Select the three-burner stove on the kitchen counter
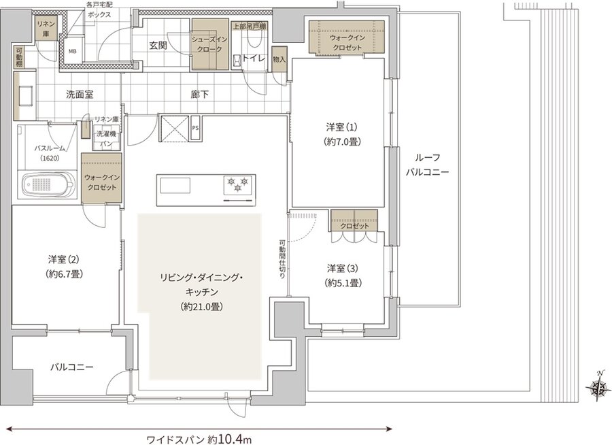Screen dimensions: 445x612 238,184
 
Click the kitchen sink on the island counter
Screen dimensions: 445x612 175,185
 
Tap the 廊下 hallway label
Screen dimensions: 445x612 200,94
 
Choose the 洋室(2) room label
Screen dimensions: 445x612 66,266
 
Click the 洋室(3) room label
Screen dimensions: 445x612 343,274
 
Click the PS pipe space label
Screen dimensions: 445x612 195,127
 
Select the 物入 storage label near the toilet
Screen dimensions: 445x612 278,59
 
